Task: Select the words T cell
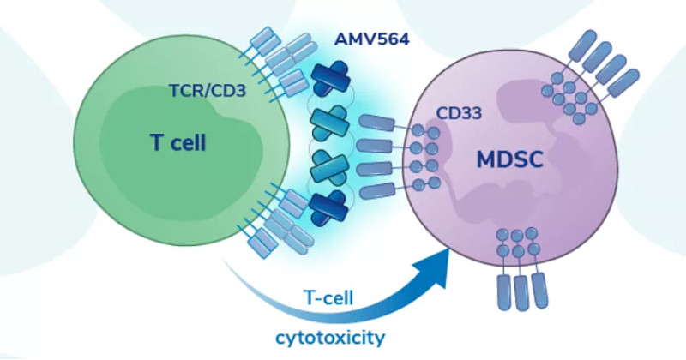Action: point(178,141)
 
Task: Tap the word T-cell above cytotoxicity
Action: point(331,298)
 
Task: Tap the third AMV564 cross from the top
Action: point(330,163)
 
